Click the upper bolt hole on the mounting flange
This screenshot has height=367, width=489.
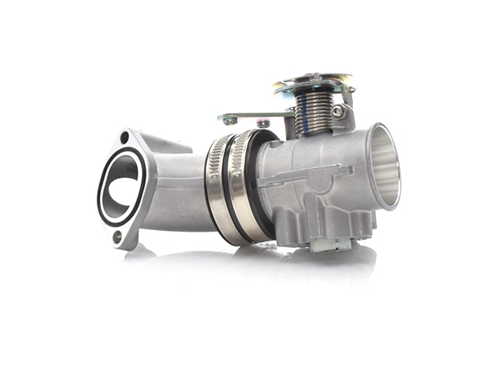click(x=124, y=138)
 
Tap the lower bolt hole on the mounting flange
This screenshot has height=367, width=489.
click(x=118, y=237)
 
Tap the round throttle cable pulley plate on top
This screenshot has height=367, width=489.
click(x=314, y=82)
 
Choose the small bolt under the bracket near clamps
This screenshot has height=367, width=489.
click(x=263, y=124)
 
